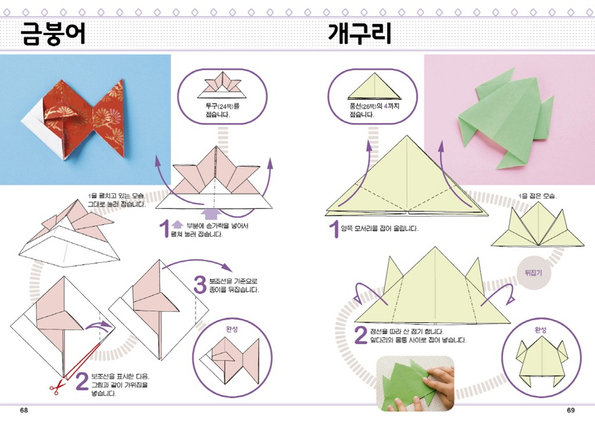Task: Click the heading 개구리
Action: point(359,33)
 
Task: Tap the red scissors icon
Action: point(56,388)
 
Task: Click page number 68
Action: point(24,410)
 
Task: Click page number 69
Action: point(571,410)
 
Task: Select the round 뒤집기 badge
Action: point(533,273)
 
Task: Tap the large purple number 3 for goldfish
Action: point(200,285)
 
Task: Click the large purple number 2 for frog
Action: point(360,335)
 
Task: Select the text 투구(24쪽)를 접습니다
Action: point(223,110)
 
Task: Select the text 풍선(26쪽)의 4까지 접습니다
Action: point(374,110)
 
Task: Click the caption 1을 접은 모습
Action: point(537,196)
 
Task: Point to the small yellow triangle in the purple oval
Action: point(375,87)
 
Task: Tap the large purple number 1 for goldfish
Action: point(164,229)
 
